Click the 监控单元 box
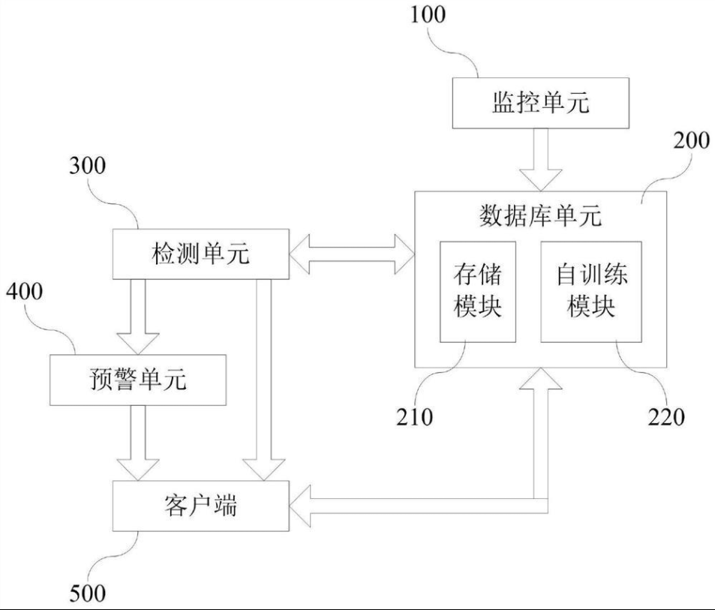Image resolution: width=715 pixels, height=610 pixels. coord(539,103)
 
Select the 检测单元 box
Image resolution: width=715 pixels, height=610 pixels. coord(200,254)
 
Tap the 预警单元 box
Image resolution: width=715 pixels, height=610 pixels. coord(137,380)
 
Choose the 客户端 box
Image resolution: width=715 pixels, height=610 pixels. coord(200,505)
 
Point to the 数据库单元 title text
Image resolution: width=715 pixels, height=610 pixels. coord(540,216)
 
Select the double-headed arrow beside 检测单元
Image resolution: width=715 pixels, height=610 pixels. coord(351,254)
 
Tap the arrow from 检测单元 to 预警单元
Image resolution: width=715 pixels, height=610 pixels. coord(137,316)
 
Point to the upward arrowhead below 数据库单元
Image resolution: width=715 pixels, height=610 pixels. coord(540,383)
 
